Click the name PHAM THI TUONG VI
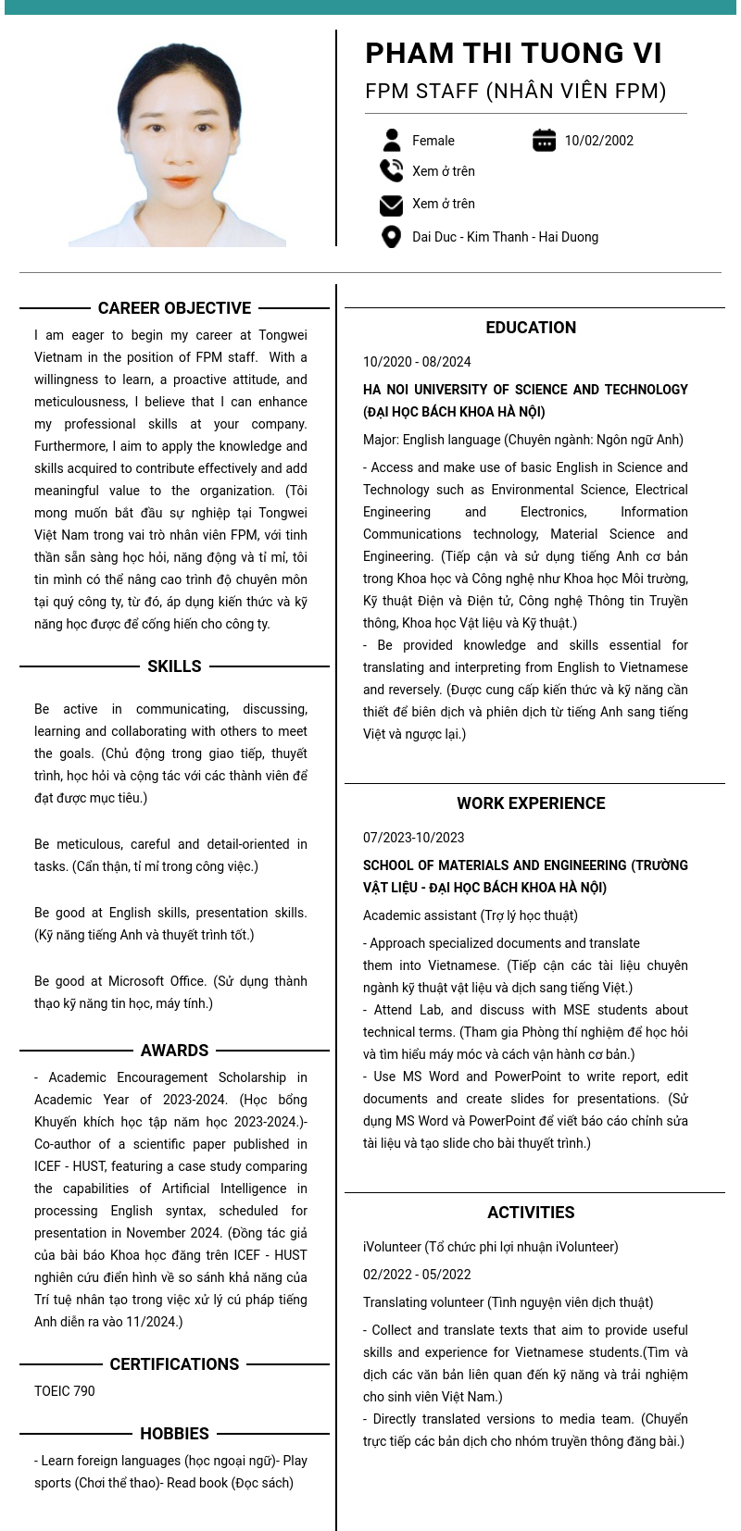tap(513, 53)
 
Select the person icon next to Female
tap(392, 140)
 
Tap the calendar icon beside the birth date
tap(544, 140)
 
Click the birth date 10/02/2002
tap(598, 141)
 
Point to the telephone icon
tap(391, 170)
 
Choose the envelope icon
tap(391, 204)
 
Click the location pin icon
tap(391, 237)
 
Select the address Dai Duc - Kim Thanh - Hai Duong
tap(505, 237)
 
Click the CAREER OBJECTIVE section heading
tap(174, 308)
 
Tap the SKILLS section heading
tap(174, 666)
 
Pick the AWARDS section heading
tap(174, 1051)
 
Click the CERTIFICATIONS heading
tap(174, 1364)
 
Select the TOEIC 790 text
tap(64, 1391)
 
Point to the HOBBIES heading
tap(174, 1434)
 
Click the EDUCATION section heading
tap(531, 328)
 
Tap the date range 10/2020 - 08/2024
tap(417, 362)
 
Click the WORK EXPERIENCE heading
tap(531, 803)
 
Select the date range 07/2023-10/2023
tap(413, 838)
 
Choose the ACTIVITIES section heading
tap(531, 1213)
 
